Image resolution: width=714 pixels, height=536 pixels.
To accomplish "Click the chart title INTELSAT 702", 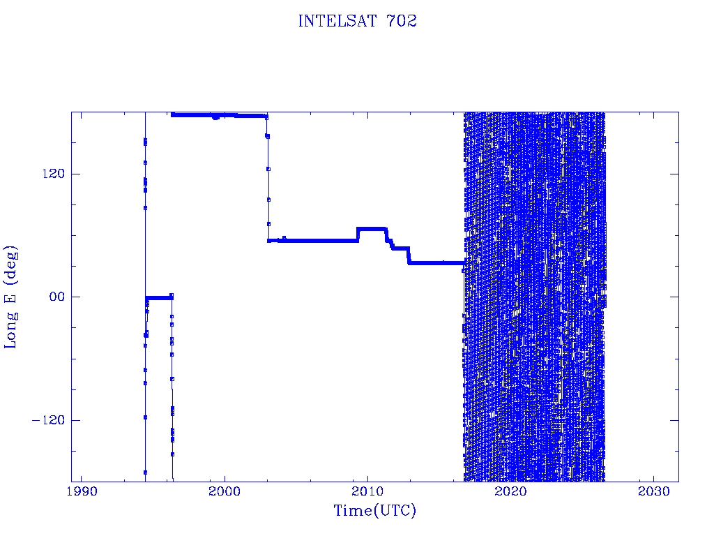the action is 358,21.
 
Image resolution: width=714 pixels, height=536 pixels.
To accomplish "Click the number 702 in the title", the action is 402,21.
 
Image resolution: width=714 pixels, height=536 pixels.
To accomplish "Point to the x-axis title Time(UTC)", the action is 374,510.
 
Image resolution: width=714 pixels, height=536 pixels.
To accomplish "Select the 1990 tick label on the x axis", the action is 82,491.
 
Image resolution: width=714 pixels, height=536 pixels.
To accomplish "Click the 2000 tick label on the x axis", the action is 225,491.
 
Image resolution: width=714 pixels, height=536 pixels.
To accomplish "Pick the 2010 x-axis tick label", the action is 367,491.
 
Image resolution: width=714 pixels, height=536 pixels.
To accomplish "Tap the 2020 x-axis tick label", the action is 510,491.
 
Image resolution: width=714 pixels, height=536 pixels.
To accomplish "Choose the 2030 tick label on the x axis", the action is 653,491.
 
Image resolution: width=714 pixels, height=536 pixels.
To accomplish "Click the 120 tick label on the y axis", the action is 54,174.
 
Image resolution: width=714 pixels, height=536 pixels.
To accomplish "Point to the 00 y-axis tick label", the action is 57,297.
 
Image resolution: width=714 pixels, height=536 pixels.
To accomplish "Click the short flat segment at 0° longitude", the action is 159,298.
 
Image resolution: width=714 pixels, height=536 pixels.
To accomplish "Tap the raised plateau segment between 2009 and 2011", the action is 371,229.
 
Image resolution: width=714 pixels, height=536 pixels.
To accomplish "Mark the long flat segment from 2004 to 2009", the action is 318,240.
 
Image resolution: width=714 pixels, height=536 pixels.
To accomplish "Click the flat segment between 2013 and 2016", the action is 436,263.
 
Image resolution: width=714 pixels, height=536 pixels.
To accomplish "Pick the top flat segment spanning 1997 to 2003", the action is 219,115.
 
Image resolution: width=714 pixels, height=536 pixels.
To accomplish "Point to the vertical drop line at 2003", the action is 268,178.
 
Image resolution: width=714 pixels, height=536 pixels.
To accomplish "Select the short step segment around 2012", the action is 401,248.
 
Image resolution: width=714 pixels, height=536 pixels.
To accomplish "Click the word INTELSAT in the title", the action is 337,21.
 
